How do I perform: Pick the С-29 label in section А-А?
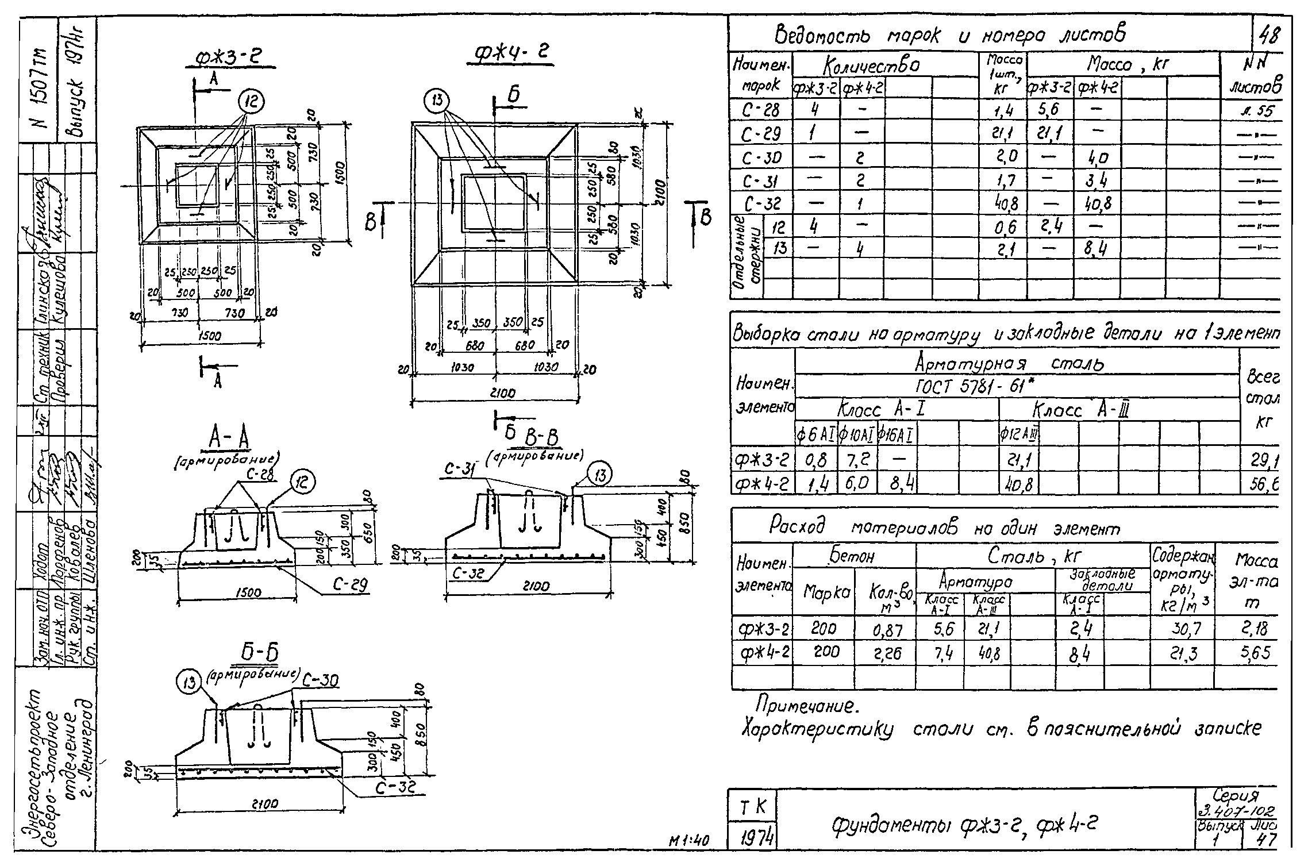[x=350, y=585]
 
